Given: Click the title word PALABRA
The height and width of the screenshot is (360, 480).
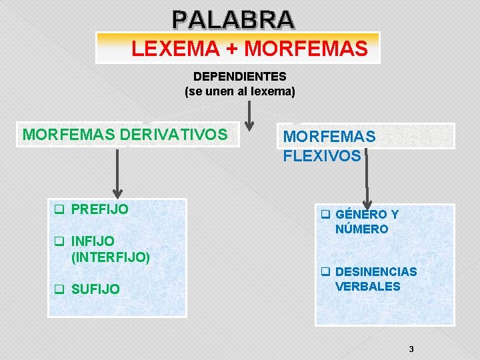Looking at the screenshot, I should (232, 19).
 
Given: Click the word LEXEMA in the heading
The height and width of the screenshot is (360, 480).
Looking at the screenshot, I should (163, 49).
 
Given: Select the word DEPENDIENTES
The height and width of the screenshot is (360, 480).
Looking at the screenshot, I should (239, 77).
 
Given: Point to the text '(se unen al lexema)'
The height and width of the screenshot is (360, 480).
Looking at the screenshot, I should (239, 91).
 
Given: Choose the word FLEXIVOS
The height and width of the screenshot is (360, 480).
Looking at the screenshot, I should (322, 156).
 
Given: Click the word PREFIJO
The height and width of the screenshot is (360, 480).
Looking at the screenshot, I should (99, 209).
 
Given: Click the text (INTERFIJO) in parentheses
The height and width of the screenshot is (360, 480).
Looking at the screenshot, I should (111, 256).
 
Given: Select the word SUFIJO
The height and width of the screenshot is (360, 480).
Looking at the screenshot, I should (95, 289).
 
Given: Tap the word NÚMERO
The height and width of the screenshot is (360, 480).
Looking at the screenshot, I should (361, 229).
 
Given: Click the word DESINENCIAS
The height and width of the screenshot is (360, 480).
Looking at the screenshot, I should (376, 272).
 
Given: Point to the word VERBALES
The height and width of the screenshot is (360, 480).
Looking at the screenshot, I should (367, 287).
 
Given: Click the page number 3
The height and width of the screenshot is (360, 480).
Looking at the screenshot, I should (411, 349).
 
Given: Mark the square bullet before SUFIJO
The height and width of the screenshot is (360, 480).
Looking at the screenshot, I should (59, 289).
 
